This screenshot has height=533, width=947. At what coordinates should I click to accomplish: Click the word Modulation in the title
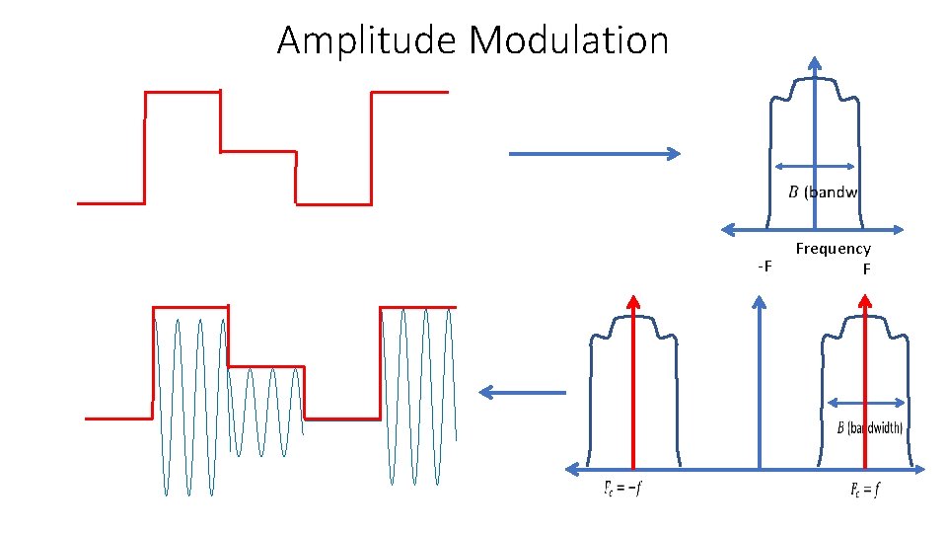[569, 41]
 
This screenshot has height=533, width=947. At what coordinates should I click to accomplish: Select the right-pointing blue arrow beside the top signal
[594, 154]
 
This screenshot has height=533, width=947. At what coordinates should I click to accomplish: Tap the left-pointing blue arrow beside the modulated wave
[523, 393]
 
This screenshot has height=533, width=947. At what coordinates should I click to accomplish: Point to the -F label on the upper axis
[765, 267]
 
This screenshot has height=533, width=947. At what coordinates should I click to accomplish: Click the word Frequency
[833, 250]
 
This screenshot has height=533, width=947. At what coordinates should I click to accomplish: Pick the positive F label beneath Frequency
[866, 268]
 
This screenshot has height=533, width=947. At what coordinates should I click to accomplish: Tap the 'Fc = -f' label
[622, 488]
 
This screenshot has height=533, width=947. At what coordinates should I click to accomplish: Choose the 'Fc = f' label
[865, 489]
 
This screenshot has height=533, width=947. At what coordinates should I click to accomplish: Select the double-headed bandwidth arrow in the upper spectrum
[814, 167]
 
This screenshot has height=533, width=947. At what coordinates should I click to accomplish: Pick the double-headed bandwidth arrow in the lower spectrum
[866, 403]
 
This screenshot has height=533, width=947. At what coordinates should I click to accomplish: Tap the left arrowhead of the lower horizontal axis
[570, 468]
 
